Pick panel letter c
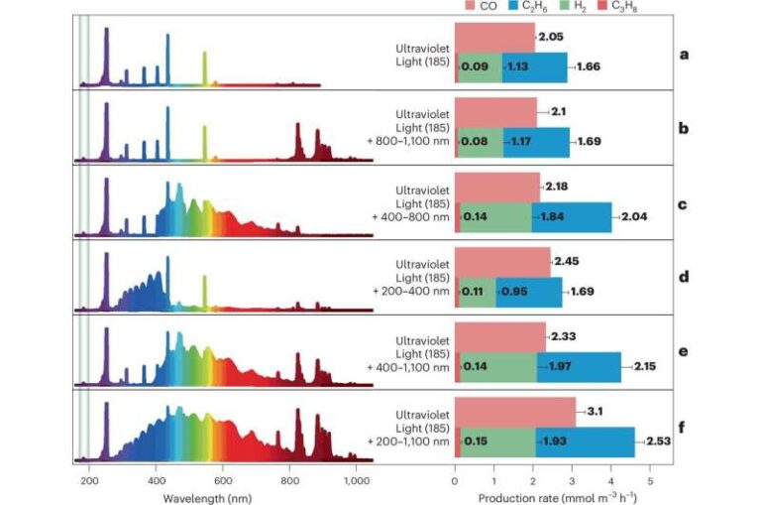(684, 204)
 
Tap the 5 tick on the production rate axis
(650, 479)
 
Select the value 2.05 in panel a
(551, 35)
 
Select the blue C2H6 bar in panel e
(579, 367)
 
